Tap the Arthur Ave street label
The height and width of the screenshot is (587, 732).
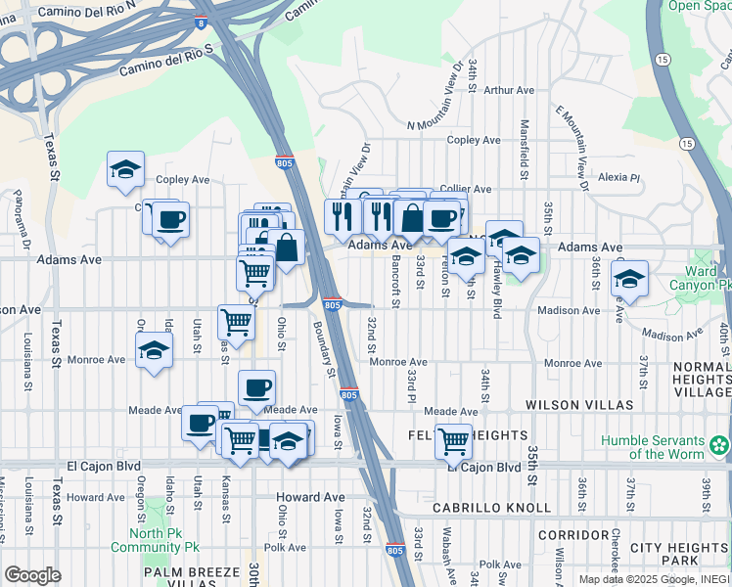pyautogui.click(x=509, y=90)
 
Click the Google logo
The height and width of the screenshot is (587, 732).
pyautogui.click(x=32, y=575)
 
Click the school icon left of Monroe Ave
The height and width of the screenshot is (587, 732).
pyautogui.click(x=155, y=350)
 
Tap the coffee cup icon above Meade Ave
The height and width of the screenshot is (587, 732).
pyautogui.click(x=256, y=387)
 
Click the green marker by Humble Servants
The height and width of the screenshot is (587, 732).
pyautogui.click(x=721, y=446)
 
